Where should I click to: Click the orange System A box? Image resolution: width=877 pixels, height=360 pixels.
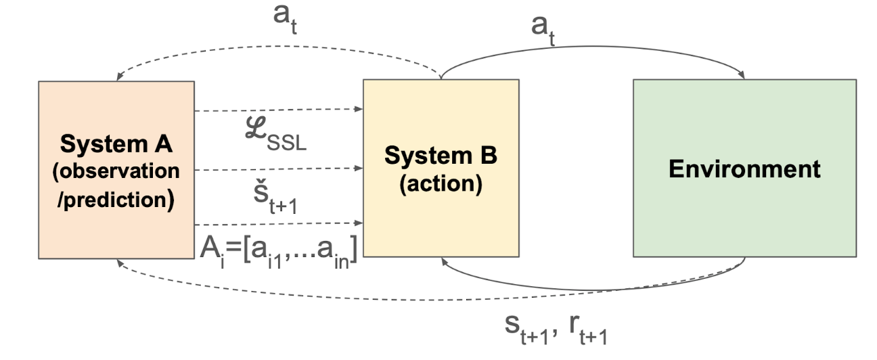pyautogui.click(x=116, y=169)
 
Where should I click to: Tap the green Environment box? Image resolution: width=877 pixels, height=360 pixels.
pyautogui.click(x=744, y=168)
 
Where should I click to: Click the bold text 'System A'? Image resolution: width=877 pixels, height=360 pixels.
pyautogui.click(x=117, y=145)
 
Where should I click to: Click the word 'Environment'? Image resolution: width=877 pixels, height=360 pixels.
pyautogui.click(x=744, y=168)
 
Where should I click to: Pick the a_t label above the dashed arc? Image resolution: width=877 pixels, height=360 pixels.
pyautogui.click(x=286, y=16)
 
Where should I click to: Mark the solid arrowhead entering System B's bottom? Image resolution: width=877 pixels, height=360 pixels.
pyautogui.click(x=444, y=262)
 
